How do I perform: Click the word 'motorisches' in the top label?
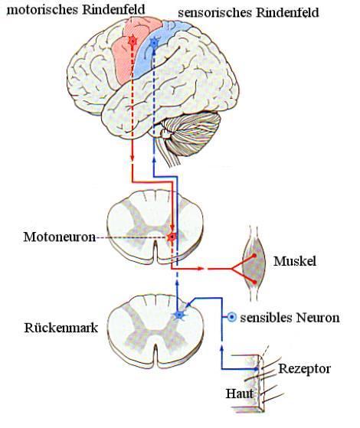(x=43, y=10)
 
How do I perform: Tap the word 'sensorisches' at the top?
(x=215, y=12)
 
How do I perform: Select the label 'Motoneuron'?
(x=60, y=237)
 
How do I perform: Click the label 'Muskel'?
(x=295, y=261)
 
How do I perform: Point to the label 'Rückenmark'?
(x=61, y=327)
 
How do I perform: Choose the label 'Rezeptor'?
(x=304, y=369)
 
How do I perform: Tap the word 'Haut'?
(x=239, y=394)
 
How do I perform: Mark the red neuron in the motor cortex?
(x=133, y=41)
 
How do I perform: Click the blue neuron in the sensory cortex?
(x=154, y=43)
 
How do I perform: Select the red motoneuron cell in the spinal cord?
(x=172, y=237)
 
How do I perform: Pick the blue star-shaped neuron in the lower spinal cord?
(x=179, y=315)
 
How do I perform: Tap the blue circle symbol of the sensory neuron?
(x=231, y=317)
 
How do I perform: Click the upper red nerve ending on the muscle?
(x=254, y=256)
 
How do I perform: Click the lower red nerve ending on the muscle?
(x=254, y=282)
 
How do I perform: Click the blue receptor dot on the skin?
(x=256, y=369)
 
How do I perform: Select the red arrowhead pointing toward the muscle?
(x=201, y=269)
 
